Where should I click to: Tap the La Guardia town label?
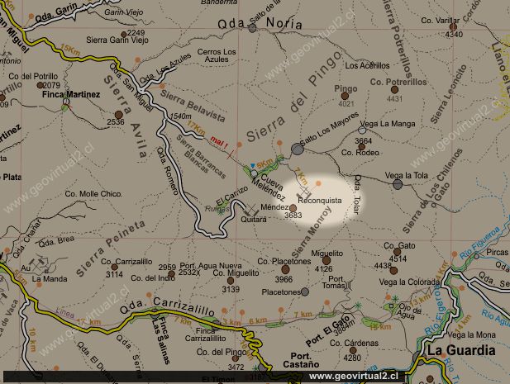(x=460, y=350)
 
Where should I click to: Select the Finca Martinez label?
(x=71, y=95)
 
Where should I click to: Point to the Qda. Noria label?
(x=248, y=26)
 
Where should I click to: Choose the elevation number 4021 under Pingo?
(x=346, y=104)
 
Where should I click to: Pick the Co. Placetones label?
(x=283, y=262)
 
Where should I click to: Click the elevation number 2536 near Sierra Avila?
(x=115, y=122)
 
